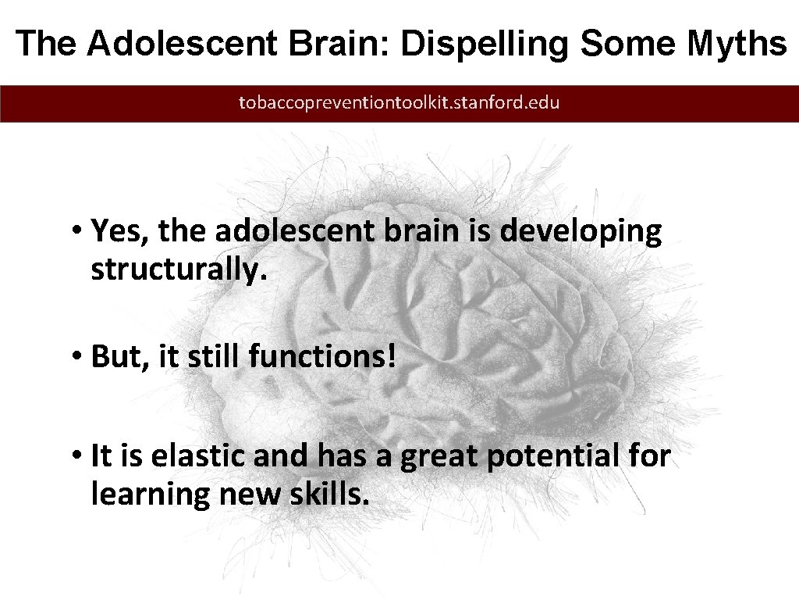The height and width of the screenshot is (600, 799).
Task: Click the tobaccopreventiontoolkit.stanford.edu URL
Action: pos(399,102)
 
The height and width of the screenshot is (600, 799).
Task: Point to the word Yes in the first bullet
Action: pos(115,231)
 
